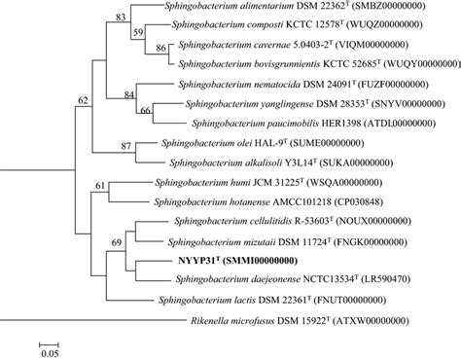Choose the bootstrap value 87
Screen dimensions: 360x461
point(126,145)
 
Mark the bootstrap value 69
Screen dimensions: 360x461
point(119,240)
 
